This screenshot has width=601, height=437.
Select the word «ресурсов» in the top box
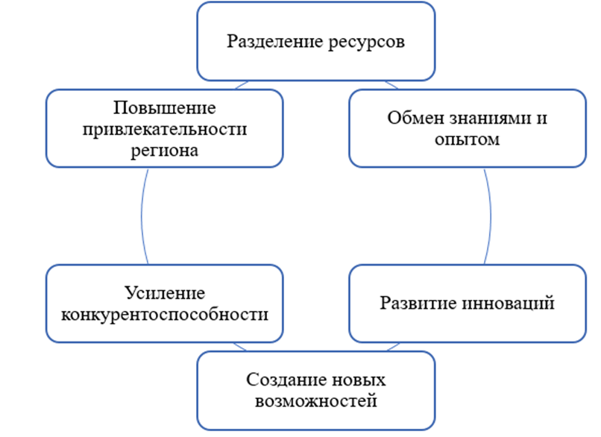click(x=365, y=41)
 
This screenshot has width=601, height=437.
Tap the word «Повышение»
click(x=164, y=108)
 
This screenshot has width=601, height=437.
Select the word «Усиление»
click(x=164, y=292)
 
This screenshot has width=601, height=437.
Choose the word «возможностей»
click(x=316, y=401)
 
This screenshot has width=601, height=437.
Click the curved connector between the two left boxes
click(x=142, y=216)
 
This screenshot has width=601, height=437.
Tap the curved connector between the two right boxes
click(x=491, y=216)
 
